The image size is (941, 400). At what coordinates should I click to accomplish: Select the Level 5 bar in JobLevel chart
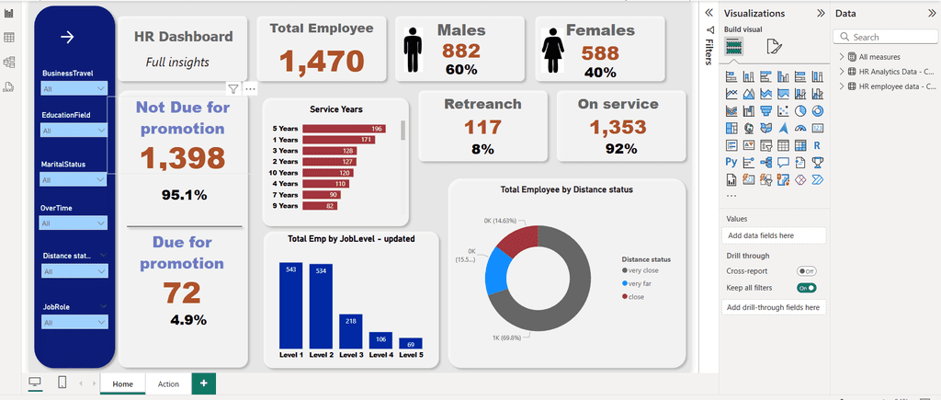(x=411, y=343)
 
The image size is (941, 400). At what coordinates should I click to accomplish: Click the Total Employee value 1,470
(x=322, y=62)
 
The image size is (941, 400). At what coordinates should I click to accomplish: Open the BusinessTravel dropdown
(x=74, y=89)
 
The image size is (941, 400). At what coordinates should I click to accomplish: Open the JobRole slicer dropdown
(x=74, y=323)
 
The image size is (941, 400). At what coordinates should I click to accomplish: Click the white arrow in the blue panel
(x=66, y=37)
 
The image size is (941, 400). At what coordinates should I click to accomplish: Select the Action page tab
(x=168, y=383)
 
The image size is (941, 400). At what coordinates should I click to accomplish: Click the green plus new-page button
(x=204, y=383)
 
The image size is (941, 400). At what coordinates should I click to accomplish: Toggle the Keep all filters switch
(x=806, y=288)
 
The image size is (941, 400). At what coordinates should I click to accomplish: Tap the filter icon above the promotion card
(x=233, y=89)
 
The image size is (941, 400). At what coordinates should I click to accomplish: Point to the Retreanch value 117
(x=482, y=128)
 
